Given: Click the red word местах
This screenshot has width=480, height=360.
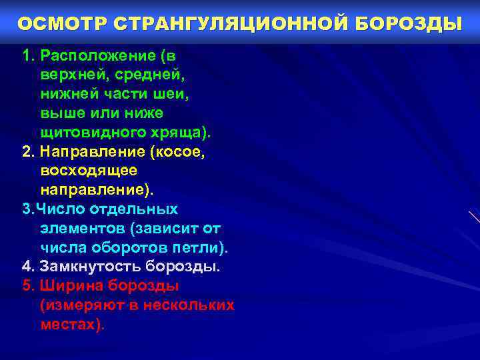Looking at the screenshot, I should pos(70,325).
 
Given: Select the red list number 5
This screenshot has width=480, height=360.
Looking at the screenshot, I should pos(27,286).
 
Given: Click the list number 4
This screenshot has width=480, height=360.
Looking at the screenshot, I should pos(27,267).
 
